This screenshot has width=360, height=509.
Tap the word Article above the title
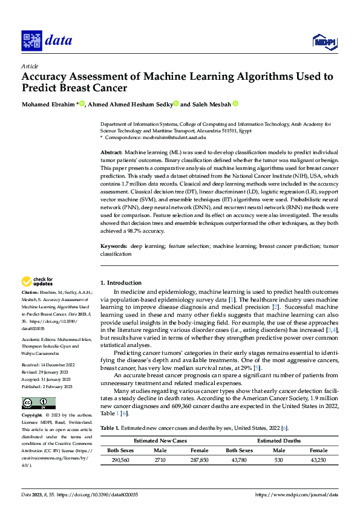tap(30, 65)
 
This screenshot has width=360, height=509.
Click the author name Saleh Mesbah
tap(211, 103)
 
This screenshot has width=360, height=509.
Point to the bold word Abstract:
tap(111, 154)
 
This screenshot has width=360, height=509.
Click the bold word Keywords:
tap(113, 247)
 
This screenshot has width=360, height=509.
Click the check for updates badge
tap(38, 281)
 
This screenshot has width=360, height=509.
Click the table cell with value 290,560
tap(121, 460)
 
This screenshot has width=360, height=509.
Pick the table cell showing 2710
tap(160, 460)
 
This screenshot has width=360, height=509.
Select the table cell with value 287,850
tap(200, 460)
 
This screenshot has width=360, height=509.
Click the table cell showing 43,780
tap(239, 460)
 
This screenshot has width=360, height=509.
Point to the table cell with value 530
tap(279, 460)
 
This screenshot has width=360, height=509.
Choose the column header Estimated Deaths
tap(278, 441)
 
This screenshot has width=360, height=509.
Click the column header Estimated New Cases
tap(160, 441)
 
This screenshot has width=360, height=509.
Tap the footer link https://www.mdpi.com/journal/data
tap(296, 494)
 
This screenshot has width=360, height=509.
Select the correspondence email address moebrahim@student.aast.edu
tap(172, 138)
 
